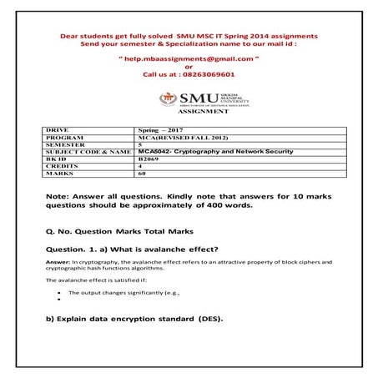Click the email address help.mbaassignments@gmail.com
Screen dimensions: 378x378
point(189,62)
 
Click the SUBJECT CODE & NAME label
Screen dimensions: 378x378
point(86,151)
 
